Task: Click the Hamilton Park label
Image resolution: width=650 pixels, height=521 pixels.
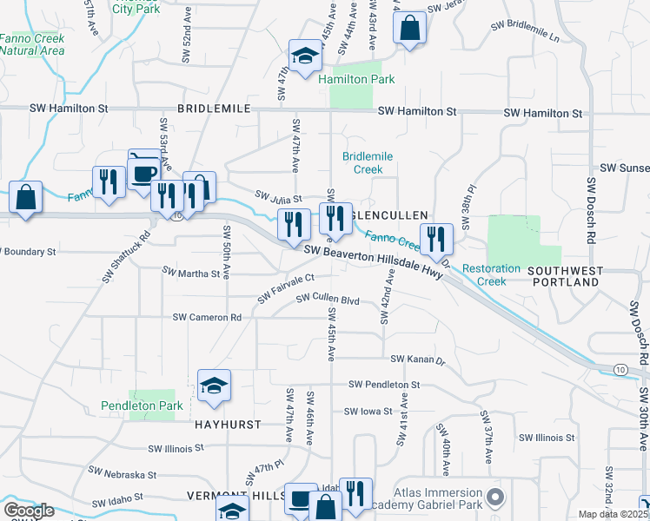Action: click(x=356, y=79)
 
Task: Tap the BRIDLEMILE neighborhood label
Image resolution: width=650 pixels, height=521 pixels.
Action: click(x=214, y=109)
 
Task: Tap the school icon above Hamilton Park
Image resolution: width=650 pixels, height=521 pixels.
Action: click(x=305, y=57)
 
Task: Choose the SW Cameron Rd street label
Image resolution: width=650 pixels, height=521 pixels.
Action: click(x=207, y=318)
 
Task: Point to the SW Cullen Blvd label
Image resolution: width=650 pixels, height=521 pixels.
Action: click(x=328, y=299)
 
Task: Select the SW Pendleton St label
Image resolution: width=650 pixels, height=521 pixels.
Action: click(x=384, y=384)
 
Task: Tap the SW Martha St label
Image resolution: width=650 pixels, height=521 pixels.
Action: click(x=191, y=273)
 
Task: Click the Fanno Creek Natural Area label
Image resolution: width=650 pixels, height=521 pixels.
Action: click(x=32, y=44)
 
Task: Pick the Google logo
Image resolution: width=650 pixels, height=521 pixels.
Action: click(x=29, y=511)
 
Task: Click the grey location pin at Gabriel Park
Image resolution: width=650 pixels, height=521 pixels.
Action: click(x=495, y=498)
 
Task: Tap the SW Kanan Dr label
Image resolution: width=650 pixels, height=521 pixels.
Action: click(x=417, y=359)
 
